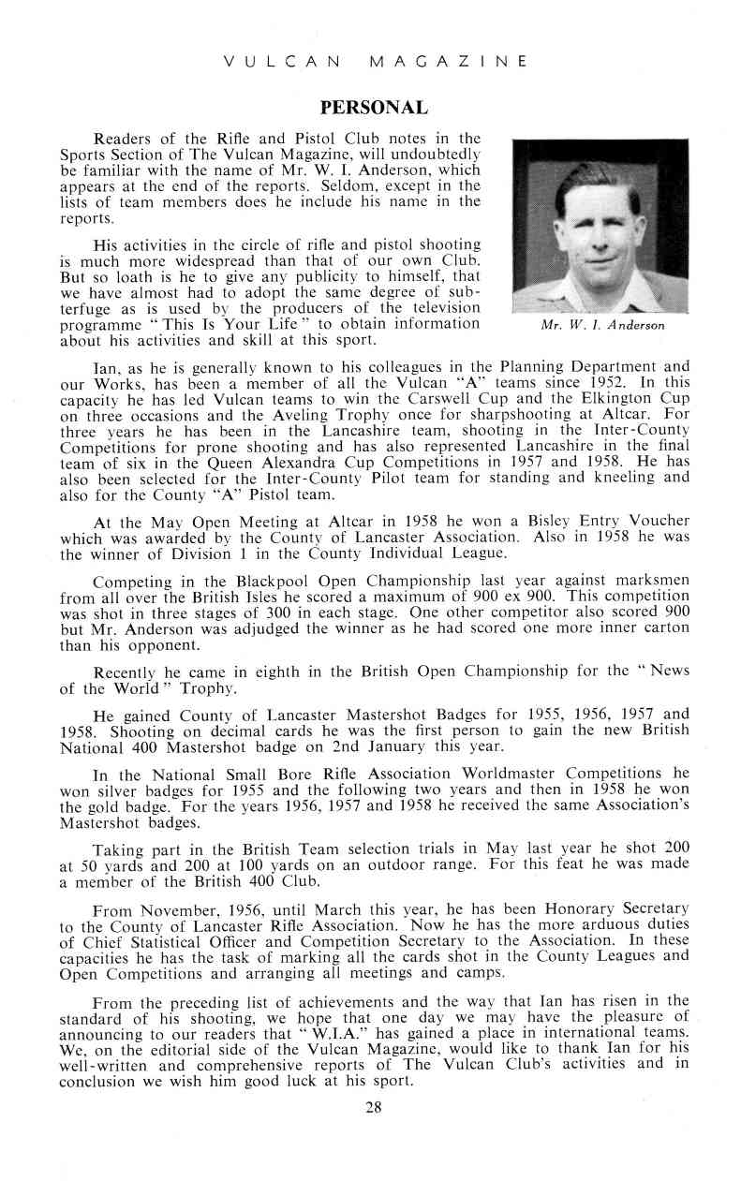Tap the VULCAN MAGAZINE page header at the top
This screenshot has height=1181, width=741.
(x=375, y=62)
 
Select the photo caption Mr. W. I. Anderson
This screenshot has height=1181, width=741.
(x=602, y=326)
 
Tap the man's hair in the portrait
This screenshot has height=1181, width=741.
(x=598, y=179)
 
